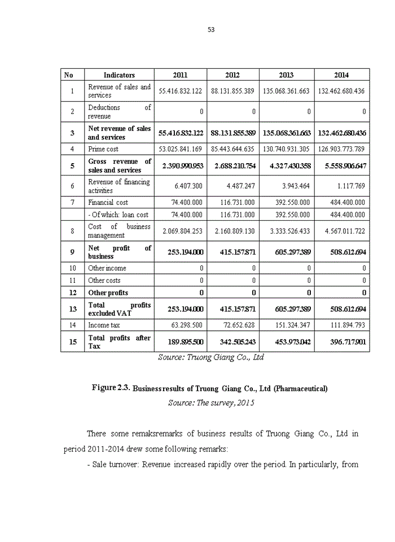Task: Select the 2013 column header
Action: tap(286, 75)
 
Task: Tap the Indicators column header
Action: tap(119, 75)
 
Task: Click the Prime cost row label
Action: tap(103, 149)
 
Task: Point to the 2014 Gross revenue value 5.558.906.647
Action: tap(342, 166)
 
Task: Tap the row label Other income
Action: tap(107, 268)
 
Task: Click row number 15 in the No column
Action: tap(72, 342)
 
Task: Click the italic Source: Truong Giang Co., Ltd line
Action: tap(211, 357)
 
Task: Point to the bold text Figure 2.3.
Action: tap(111, 388)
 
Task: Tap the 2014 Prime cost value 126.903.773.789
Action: tap(341, 149)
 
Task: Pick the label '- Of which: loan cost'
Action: tap(118, 215)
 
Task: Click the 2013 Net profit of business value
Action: tap(287, 252)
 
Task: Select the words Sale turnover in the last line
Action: tap(115, 465)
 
